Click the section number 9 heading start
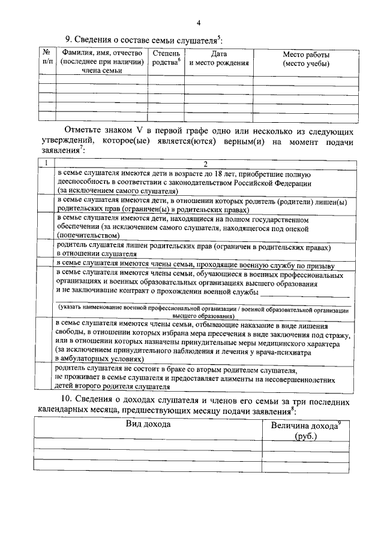pos(68,40)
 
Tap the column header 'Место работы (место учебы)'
pos(306,59)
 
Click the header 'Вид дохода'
pos(148,425)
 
